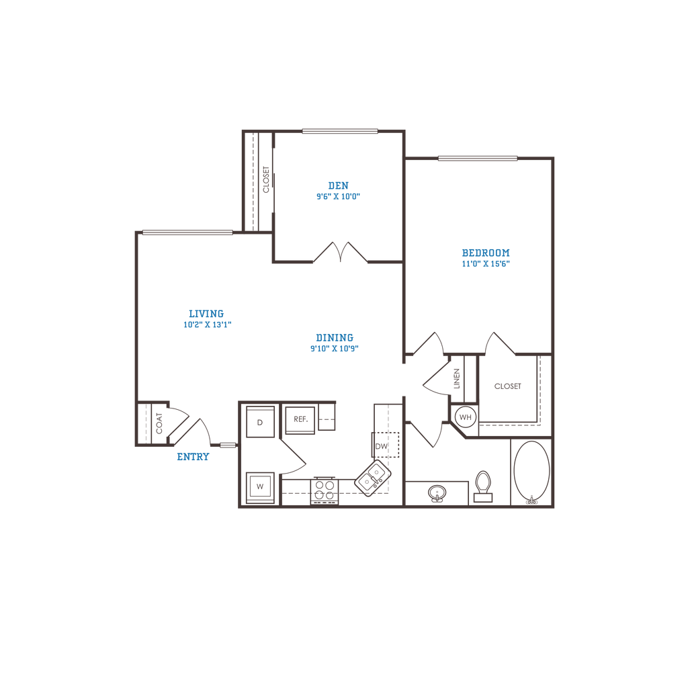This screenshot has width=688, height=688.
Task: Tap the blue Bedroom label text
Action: (486, 257)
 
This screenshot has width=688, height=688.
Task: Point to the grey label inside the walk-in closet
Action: (507, 386)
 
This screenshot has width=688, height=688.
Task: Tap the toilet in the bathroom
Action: (482, 486)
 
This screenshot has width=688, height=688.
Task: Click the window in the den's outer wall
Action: (339, 131)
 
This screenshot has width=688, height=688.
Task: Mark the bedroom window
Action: (478, 158)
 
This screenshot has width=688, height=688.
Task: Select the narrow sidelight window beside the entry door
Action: (228, 445)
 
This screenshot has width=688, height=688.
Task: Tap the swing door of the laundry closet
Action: (292, 457)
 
